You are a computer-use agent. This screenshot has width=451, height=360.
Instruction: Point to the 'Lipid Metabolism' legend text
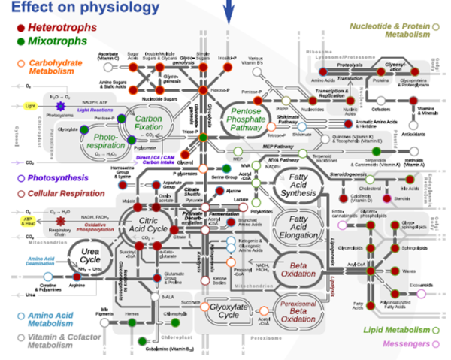(397, 330)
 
